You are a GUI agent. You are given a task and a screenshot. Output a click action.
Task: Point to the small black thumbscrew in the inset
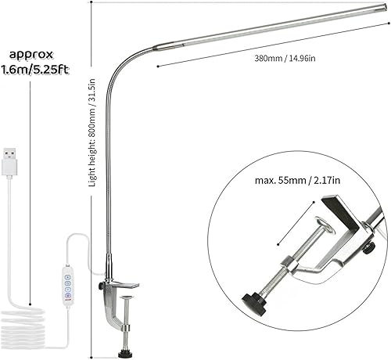pos(369,249)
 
